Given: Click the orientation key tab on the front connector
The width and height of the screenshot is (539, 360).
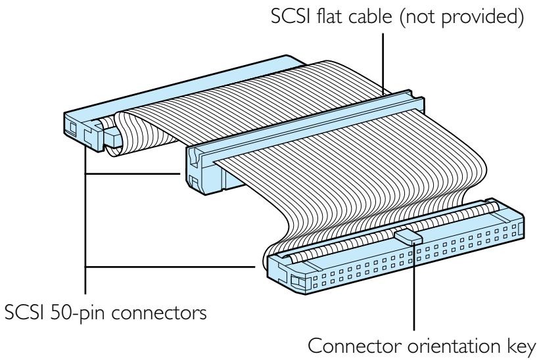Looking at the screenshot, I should (408, 235).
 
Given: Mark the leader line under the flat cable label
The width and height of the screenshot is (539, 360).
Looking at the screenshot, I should (383, 62).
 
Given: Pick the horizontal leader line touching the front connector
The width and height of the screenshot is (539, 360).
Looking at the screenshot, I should (171, 267).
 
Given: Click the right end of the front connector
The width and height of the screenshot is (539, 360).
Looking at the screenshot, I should (513, 223).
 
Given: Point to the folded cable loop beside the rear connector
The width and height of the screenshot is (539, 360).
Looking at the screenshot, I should (122, 135).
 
